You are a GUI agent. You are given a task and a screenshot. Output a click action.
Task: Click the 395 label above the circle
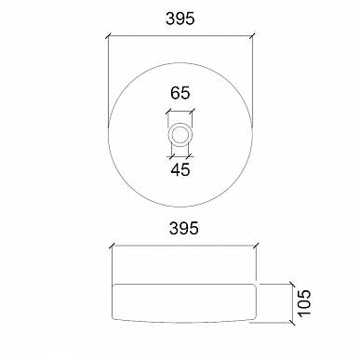(180, 19)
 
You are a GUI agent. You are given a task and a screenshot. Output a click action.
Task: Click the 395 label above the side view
(184, 228)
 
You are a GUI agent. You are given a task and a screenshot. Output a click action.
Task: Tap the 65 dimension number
(180, 93)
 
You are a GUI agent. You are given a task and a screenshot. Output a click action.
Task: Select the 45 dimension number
(180, 169)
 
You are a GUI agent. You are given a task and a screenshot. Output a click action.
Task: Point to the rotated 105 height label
(304, 303)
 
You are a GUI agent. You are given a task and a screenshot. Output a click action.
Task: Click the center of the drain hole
(180, 134)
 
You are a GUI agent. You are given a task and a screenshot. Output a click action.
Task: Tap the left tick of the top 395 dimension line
(108, 36)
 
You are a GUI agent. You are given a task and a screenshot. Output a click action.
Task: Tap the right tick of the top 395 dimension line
(252, 36)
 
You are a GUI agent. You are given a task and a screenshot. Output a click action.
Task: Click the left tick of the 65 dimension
(168, 112)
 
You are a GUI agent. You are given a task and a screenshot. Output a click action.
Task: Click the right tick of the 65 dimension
(193, 112)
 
